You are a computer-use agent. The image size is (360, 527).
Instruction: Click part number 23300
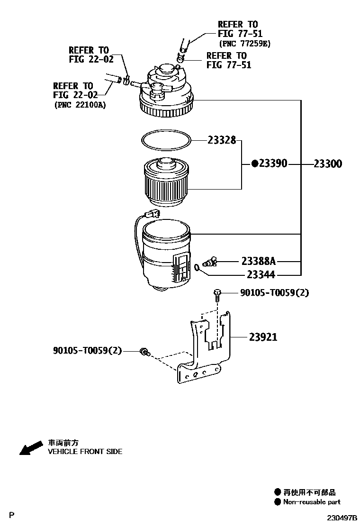[x=334, y=164]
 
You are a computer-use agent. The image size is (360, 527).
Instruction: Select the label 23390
[x=272, y=164]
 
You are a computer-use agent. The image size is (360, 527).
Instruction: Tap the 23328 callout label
[x=221, y=140]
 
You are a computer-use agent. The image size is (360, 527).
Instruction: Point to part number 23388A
[x=259, y=261]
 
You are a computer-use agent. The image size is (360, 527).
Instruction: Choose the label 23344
[x=261, y=275]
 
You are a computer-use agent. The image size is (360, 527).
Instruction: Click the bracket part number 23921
[x=263, y=337]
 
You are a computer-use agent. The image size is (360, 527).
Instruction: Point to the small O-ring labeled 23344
[x=198, y=269]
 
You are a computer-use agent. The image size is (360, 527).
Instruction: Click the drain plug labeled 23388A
[x=209, y=262]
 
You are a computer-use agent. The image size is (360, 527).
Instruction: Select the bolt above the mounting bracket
[x=217, y=295]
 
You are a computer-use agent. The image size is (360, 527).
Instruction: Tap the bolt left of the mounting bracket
[x=144, y=352]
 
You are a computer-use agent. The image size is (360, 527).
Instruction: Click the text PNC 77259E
[x=245, y=43]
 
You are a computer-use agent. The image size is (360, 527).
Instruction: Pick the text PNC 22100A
[x=80, y=105]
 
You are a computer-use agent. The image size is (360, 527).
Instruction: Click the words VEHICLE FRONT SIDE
[x=85, y=452]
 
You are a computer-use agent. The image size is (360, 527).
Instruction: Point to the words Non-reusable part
[x=312, y=502]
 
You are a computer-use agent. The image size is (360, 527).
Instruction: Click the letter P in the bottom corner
[x=12, y=515]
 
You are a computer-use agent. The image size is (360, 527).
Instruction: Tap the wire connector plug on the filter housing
[x=153, y=214]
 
